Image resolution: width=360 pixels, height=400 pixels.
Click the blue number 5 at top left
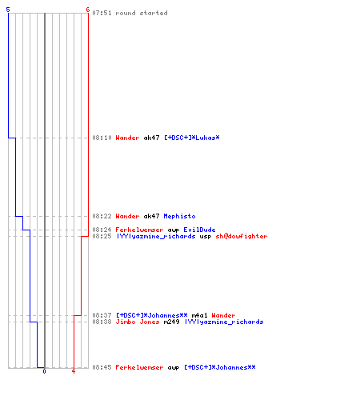tap(8, 10)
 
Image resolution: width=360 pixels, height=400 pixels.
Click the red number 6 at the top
tap(88, 10)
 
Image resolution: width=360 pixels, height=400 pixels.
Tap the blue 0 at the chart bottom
tap(44, 371)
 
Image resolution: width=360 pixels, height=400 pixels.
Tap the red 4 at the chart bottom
tap(74, 371)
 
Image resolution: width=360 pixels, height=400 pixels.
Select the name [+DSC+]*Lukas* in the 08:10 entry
tap(192, 138)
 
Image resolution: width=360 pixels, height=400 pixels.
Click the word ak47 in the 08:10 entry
tap(151, 138)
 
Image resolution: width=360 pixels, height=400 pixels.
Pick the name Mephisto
tap(179, 216)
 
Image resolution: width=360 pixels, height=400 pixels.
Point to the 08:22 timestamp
tap(102, 216)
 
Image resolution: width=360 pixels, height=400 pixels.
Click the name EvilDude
tap(199, 230)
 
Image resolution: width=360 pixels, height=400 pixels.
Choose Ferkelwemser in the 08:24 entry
tap(139, 230)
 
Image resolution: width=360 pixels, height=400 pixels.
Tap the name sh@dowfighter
tap(242, 236)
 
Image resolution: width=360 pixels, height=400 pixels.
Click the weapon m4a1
tap(199, 315)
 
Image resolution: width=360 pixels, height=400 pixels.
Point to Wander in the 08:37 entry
tap(223, 315)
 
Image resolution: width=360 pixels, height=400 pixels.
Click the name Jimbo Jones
tap(138, 322)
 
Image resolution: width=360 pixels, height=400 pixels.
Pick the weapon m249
tap(171, 322)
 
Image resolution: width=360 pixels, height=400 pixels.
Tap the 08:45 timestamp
tap(102, 367)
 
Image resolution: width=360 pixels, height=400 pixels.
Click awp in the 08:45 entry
tap(174, 368)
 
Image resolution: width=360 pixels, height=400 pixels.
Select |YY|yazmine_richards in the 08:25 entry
tap(156, 236)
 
